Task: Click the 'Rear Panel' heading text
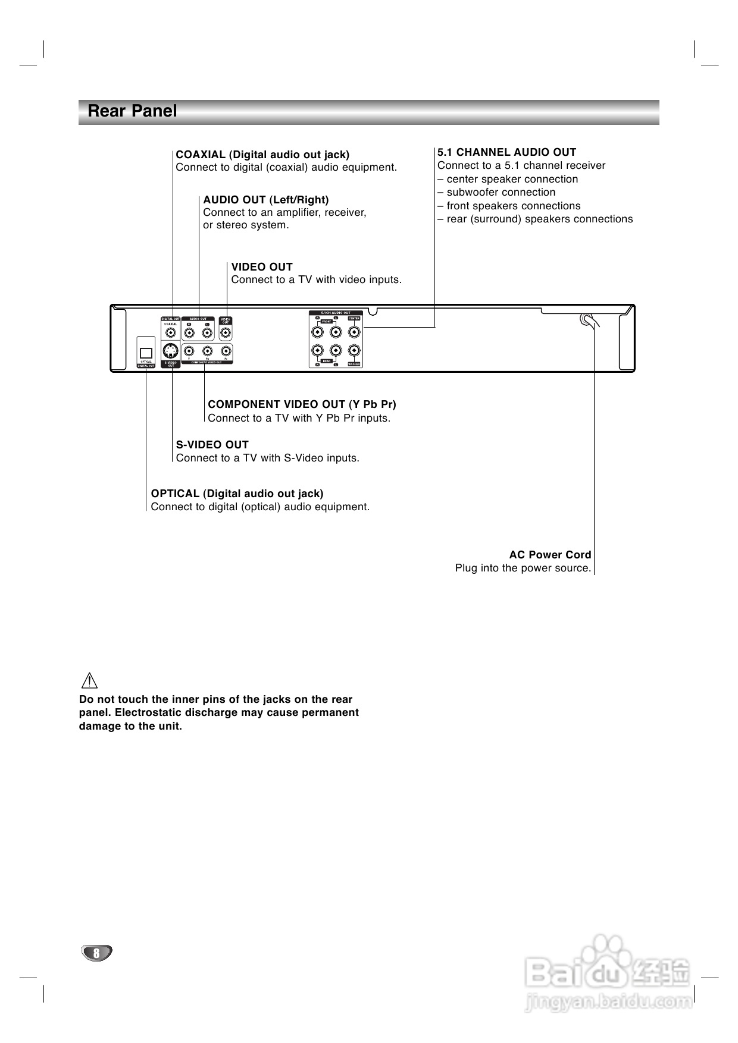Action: pyautogui.click(x=132, y=111)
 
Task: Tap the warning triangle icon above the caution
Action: pyautogui.click(x=89, y=680)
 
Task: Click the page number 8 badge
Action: pyautogui.click(x=96, y=953)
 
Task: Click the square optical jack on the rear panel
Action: pyautogui.click(x=146, y=353)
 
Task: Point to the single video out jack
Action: pyautogui.click(x=226, y=333)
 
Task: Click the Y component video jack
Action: pyautogui.click(x=189, y=351)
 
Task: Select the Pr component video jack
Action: pyautogui.click(x=226, y=351)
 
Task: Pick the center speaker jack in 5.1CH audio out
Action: pyautogui.click(x=354, y=332)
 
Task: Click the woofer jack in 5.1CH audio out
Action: pyautogui.click(x=354, y=351)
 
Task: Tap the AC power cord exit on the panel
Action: pyautogui.click(x=587, y=321)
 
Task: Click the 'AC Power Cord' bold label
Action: pyautogui.click(x=550, y=555)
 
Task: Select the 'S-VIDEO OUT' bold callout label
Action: pyautogui.click(x=212, y=445)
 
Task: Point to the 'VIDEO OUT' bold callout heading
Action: pyautogui.click(x=262, y=267)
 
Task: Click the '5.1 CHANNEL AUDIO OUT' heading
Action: pyautogui.click(x=507, y=152)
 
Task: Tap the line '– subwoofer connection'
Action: pyautogui.click(x=496, y=192)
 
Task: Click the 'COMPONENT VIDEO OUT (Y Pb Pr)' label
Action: pyautogui.click(x=302, y=404)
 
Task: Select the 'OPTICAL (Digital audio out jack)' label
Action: pyautogui.click(x=237, y=494)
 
